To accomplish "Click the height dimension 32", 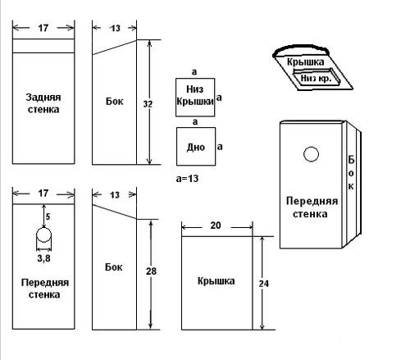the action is [x=148, y=104].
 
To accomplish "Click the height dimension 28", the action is [x=151, y=271].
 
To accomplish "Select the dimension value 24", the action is [x=264, y=284].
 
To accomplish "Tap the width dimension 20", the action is [x=216, y=226].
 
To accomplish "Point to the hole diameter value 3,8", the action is [x=44, y=258].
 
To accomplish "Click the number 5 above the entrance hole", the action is [x=48, y=216].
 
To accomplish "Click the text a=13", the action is [x=187, y=179].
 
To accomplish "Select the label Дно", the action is [x=196, y=148].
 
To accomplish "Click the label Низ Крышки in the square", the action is [x=195, y=95].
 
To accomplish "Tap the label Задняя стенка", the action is [x=43, y=103].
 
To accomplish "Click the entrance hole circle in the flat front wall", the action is [x=43, y=235].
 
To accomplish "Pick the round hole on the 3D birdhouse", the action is [x=311, y=154].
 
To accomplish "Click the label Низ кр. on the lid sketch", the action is [x=317, y=79].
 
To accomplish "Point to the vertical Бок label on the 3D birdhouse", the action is [x=351, y=173].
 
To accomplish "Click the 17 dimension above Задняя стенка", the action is [x=43, y=28].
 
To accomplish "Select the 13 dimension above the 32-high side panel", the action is [x=115, y=28].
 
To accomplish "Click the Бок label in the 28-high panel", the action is [x=114, y=267].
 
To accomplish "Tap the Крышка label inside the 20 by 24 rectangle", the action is [x=216, y=281].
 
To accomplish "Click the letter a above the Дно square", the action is [x=195, y=121].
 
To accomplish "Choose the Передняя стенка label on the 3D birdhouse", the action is [x=312, y=207].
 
